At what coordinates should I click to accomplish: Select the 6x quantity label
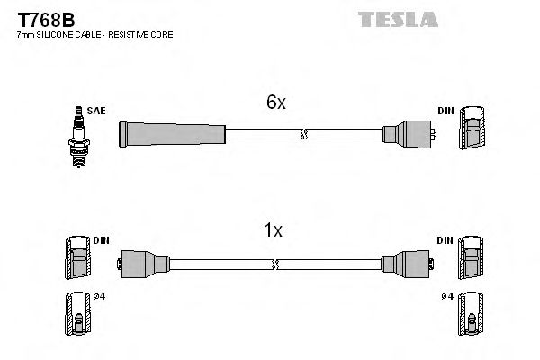[275, 103]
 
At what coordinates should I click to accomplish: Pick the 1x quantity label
[273, 230]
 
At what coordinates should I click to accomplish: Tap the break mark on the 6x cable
[304, 135]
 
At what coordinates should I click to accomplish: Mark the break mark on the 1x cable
[275, 265]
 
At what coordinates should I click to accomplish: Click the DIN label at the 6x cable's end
[445, 110]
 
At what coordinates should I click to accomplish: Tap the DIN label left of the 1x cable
[100, 241]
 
